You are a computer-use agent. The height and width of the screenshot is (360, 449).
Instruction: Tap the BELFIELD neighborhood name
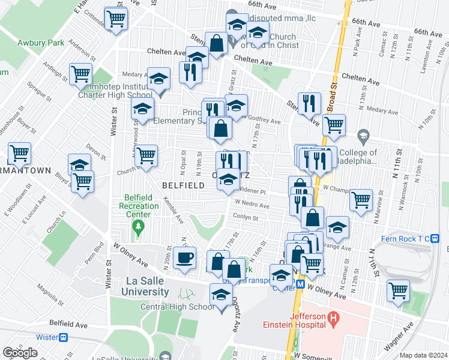pos(183,186)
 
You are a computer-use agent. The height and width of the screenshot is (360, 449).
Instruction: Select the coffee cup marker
pos(184,258)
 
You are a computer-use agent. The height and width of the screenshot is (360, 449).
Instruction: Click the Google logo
pos(20,352)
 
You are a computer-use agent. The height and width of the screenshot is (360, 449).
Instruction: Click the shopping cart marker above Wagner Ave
pos(398,291)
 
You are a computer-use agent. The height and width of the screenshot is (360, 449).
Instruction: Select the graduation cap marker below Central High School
pos(221,296)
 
